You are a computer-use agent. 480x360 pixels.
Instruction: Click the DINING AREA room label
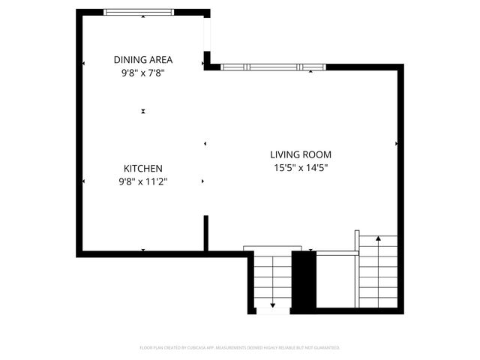point(143,59)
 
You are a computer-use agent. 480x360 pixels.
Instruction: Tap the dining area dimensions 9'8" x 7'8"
point(143,73)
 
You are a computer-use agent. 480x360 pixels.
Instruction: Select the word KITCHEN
point(143,169)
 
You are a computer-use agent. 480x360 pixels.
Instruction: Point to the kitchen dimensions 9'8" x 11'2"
point(143,181)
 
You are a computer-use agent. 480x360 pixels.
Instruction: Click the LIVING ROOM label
point(301,155)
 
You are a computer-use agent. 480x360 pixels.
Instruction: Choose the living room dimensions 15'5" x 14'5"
point(301,168)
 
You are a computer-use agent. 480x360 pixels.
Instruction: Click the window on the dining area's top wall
point(139,12)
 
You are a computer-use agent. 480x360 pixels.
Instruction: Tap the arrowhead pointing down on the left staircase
point(272,304)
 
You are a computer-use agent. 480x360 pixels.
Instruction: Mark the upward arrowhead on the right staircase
point(378,238)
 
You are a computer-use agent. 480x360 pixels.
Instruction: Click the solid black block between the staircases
point(303,280)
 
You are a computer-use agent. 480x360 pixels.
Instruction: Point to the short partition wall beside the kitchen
point(205,235)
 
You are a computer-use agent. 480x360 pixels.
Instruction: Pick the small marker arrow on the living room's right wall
point(396,142)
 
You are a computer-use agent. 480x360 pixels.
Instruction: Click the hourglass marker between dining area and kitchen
point(142,111)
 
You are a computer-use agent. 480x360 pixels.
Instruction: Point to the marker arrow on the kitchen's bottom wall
point(143,250)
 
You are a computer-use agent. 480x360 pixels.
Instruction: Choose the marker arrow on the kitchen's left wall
point(84,181)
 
